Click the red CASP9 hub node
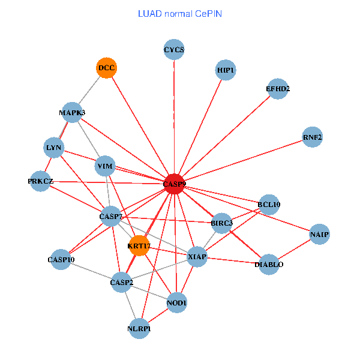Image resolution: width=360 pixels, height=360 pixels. (x=173, y=184)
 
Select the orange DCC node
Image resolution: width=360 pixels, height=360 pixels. (x=106, y=68)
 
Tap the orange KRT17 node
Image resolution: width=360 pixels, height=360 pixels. (x=139, y=245)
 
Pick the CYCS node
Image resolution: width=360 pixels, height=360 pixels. (x=174, y=50)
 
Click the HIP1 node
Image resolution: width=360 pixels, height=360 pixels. (x=226, y=71)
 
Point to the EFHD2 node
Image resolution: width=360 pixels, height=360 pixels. (x=278, y=89)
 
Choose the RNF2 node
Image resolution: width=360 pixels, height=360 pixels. (x=313, y=137)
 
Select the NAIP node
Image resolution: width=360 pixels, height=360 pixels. (x=319, y=234)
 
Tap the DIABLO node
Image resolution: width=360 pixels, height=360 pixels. (x=269, y=265)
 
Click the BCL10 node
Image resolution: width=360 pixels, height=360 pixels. (x=269, y=205)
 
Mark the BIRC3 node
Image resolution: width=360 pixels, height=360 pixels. (x=221, y=224)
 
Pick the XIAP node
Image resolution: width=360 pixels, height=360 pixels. (x=197, y=257)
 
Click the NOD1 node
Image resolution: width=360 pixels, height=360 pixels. (x=177, y=303)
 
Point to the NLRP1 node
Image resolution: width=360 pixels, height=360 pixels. (x=139, y=329)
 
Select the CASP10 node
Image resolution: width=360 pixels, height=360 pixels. (x=61, y=260)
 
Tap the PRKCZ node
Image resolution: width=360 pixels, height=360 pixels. (x=41, y=181)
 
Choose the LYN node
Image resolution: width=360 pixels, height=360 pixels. (x=53, y=148)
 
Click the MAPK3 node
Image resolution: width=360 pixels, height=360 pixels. (x=72, y=113)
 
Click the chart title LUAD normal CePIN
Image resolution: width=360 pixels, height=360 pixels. (x=179, y=14)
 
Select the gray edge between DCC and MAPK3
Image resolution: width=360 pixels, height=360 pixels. (x=89, y=90)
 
